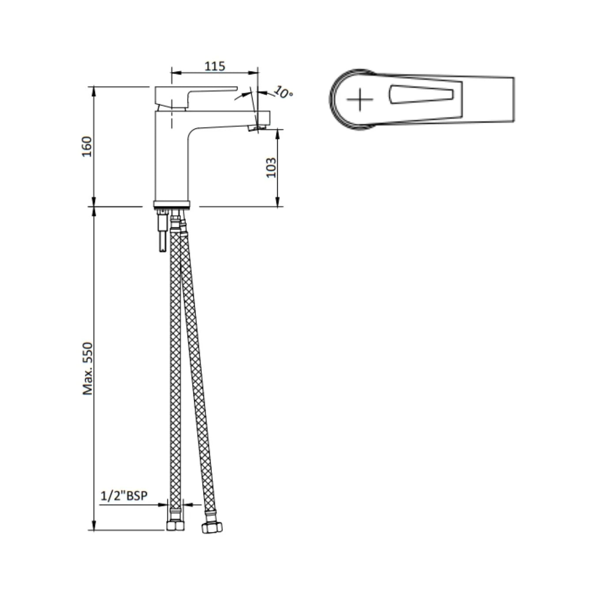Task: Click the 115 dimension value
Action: pyautogui.click(x=215, y=66)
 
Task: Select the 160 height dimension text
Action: pyautogui.click(x=87, y=147)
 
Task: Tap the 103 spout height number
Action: pyautogui.click(x=271, y=167)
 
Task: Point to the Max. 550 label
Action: pyautogui.click(x=88, y=368)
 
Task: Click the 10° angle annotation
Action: pyautogui.click(x=283, y=92)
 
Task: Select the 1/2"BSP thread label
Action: pyautogui.click(x=124, y=496)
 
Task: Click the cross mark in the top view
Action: pyautogui.click(x=360, y=99)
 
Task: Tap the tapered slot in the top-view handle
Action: pyautogui.click(x=421, y=94)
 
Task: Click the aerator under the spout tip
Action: pyautogui.click(x=257, y=128)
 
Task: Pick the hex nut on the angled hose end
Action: pyautogui.click(x=212, y=527)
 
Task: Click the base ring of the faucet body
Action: pyautogui.click(x=172, y=204)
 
